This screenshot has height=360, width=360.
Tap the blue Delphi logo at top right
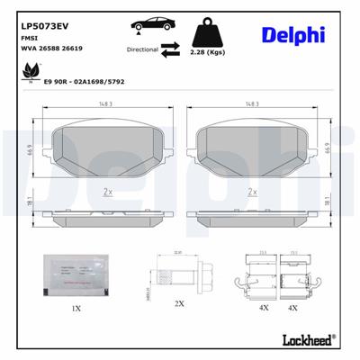click(x=293, y=35)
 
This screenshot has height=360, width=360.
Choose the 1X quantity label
click(x=76, y=309)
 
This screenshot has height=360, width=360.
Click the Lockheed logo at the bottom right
click(x=304, y=341)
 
